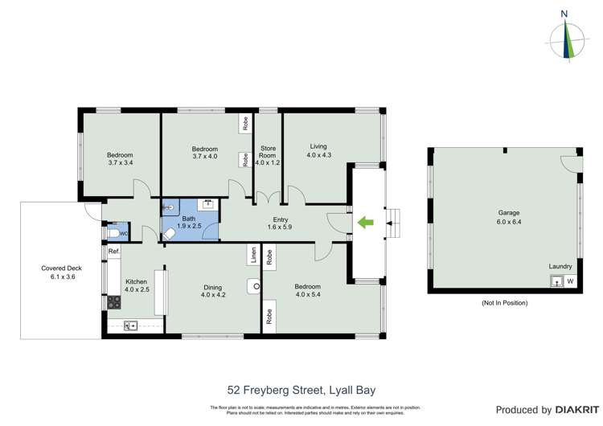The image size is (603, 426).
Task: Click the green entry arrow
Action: [365, 223]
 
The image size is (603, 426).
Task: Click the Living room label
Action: [319, 146]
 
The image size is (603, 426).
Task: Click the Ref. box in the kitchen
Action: [114, 252]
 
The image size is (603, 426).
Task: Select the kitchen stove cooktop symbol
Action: [113, 302]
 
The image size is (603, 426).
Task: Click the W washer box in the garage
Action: [570, 281]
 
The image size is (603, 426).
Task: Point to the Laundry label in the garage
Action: [560, 266]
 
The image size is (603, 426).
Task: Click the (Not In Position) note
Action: [504, 303]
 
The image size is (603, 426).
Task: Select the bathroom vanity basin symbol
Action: [208, 206]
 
